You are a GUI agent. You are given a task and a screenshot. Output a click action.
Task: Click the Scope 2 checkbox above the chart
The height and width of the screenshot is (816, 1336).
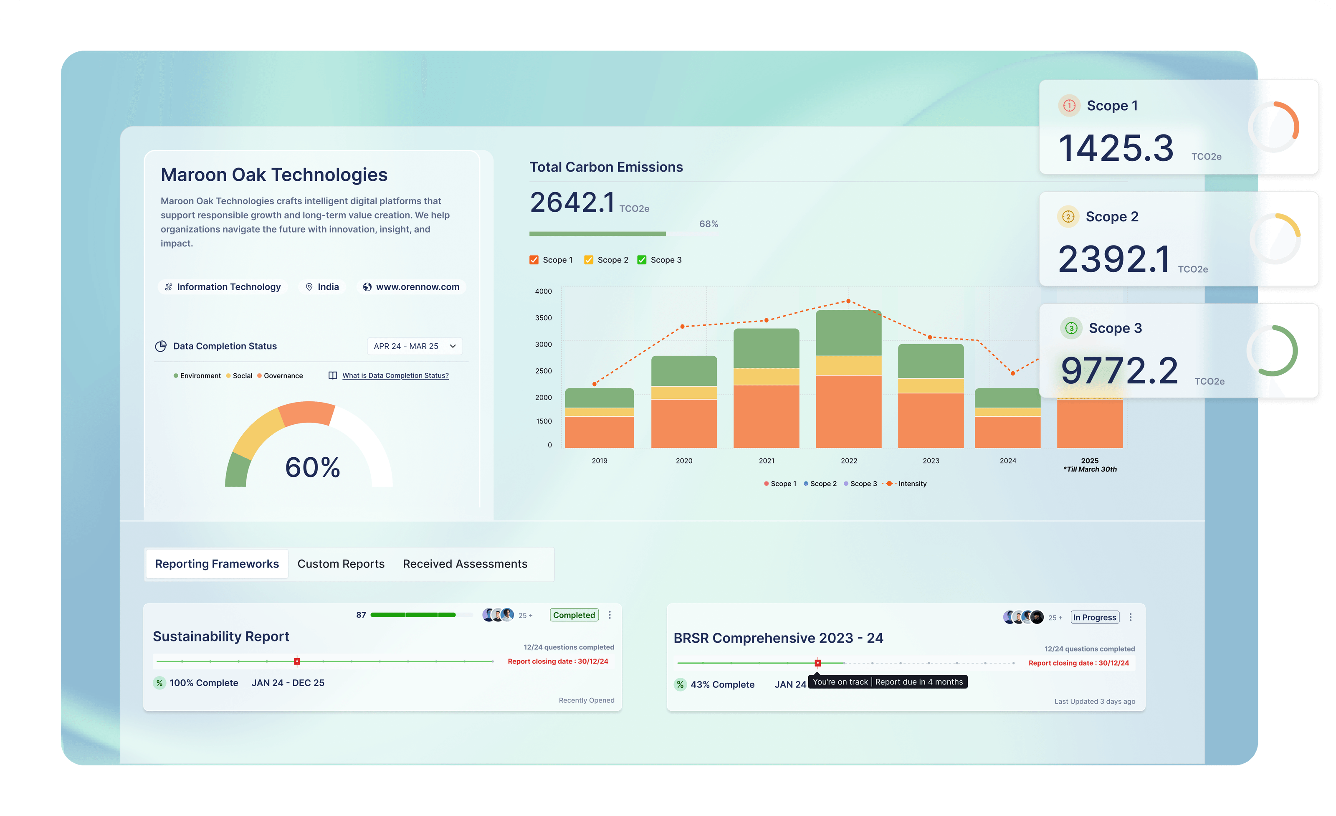tap(588, 260)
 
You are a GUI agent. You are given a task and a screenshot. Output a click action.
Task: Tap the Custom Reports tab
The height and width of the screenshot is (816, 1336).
tap(341, 564)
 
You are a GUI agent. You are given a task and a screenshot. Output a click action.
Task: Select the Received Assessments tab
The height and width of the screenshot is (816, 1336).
tap(465, 564)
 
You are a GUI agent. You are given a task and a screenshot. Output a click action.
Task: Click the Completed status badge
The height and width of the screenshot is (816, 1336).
tap(574, 615)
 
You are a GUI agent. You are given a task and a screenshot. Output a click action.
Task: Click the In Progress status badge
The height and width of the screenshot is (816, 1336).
tap(1094, 617)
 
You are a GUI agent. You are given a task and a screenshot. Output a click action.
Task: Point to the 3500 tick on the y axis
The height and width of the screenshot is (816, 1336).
tap(543, 318)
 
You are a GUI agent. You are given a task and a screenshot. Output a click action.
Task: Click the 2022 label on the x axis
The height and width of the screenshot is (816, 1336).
tap(848, 461)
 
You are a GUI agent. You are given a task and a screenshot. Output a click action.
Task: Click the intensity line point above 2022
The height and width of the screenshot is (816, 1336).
tap(848, 301)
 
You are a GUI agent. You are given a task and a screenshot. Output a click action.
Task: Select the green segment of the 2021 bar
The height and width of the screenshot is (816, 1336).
tap(766, 348)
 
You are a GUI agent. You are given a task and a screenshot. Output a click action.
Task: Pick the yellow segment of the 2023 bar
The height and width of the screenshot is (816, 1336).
tap(931, 385)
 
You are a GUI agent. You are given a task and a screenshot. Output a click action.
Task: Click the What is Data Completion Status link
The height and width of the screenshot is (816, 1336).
tap(395, 376)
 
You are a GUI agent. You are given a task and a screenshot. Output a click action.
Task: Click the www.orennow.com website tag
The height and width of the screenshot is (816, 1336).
tap(412, 287)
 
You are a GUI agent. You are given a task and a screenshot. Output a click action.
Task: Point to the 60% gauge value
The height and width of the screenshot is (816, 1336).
tap(312, 467)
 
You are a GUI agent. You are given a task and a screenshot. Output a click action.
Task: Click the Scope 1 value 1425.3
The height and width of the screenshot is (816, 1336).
tap(1115, 148)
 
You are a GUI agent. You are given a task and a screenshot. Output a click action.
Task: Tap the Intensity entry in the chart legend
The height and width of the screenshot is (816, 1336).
tap(912, 484)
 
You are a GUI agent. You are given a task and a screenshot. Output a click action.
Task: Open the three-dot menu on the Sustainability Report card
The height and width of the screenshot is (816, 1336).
tap(610, 615)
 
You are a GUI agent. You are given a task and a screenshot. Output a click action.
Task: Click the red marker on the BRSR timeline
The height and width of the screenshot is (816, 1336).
tap(817, 663)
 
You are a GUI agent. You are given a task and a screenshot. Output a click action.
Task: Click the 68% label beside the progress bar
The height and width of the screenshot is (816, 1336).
tap(708, 224)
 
